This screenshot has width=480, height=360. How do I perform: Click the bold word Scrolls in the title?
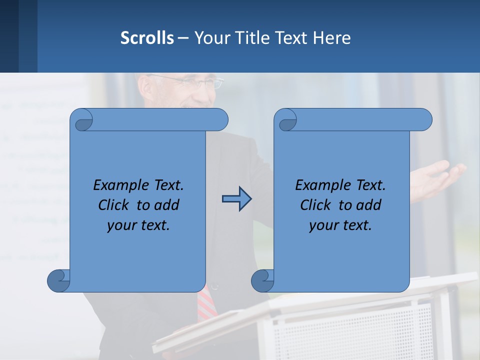[x=147, y=38]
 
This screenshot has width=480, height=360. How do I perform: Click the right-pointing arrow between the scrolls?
[x=236, y=199]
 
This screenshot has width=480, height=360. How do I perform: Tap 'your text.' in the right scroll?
[x=340, y=225]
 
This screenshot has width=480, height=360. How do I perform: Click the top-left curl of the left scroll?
[x=81, y=120]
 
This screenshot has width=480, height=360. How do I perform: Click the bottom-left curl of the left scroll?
[x=58, y=280]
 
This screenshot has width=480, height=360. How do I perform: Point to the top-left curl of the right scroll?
[x=286, y=120]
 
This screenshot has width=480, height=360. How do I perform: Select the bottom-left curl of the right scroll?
[x=262, y=280]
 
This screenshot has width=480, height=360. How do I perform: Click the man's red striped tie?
[x=205, y=305]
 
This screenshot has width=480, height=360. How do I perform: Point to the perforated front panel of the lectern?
[x=350, y=332]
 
